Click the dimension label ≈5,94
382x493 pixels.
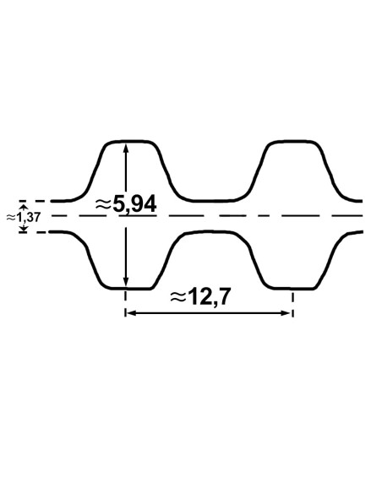[x=126, y=204]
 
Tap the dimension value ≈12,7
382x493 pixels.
[x=200, y=297]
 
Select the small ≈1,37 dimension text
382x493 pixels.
[x=24, y=217]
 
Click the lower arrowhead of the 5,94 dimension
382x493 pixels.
[x=126, y=282]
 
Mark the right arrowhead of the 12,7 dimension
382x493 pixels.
[x=287, y=313]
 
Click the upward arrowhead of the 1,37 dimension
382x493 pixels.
[x=23, y=206]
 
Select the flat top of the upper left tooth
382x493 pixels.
[x=131, y=142]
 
